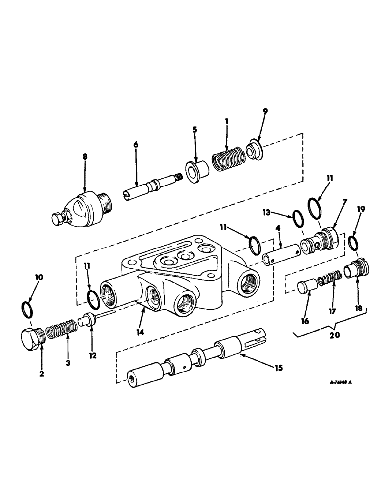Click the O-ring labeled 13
coord(298,217)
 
